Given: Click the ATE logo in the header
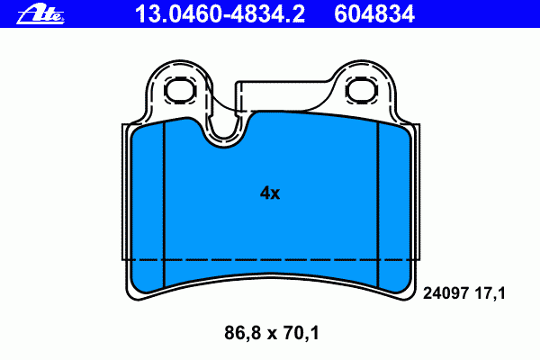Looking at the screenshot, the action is [40, 14].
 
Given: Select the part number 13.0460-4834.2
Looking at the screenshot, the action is [220, 14].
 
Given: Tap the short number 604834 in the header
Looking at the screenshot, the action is [374, 14].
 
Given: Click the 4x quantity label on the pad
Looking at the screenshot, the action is [270, 193].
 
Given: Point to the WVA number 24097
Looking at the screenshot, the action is [445, 293].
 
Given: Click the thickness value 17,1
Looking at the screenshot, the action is [490, 294].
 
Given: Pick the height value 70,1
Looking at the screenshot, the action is [301, 333].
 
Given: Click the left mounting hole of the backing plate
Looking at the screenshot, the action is [180, 90].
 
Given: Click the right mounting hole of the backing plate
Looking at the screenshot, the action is [361, 90].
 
